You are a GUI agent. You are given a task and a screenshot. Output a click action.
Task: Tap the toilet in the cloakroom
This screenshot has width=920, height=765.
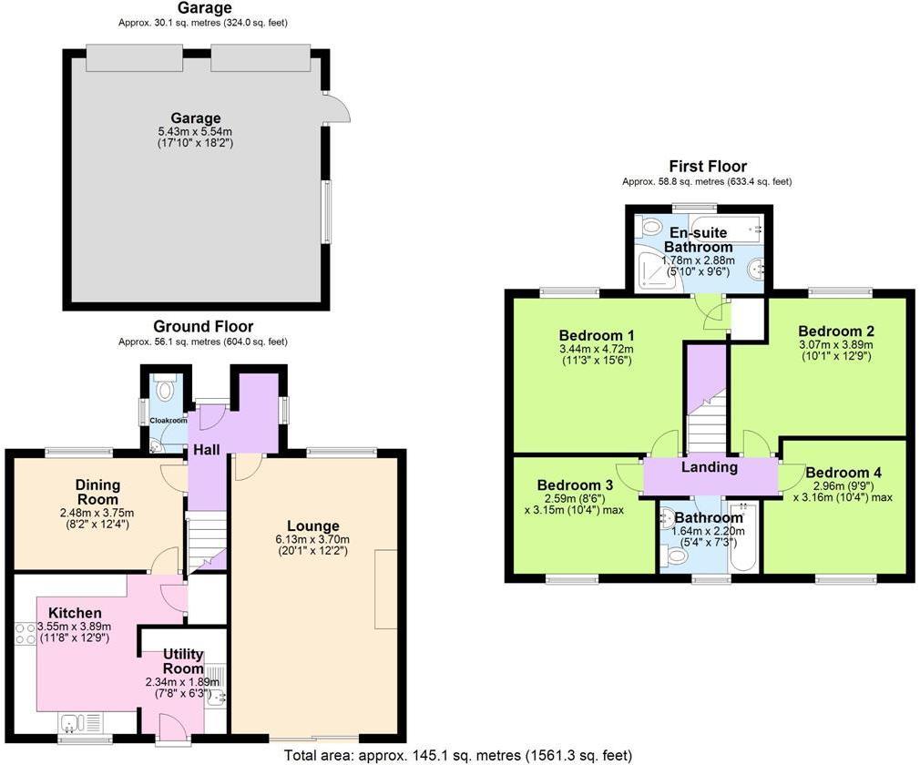(165, 391)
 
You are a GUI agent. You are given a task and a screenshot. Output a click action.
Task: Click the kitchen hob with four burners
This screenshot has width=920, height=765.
(25, 633)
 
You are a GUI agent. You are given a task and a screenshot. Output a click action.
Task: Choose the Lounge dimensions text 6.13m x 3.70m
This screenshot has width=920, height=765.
(312, 540)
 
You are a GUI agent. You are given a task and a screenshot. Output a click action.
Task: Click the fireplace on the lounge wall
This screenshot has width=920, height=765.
(386, 589)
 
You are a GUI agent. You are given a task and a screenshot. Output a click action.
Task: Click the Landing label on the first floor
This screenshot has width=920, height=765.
(710, 467)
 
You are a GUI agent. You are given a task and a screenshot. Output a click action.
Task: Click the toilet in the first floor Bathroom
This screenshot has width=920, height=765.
(676, 555)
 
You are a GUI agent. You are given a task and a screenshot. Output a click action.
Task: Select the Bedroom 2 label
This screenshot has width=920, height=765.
(836, 331)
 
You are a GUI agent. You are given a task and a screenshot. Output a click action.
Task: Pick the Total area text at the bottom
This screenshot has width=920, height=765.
(457, 755)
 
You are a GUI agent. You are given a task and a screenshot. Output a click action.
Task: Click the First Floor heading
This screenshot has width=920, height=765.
(707, 166)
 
